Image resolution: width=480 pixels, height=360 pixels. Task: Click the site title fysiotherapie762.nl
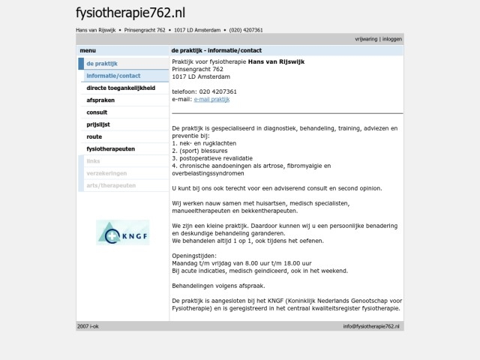coord(130,13)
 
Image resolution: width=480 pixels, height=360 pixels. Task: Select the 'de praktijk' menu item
coord(101,64)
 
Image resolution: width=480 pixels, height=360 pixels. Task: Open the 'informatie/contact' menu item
coord(113,76)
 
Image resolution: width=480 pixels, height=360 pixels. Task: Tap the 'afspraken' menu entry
coord(100,100)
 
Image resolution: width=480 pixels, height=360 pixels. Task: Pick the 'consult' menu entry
coord(97,112)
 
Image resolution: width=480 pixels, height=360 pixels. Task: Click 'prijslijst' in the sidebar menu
coord(99,124)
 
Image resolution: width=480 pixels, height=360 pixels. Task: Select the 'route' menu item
coord(94,136)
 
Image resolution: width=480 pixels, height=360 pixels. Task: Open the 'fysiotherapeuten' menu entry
coord(110,148)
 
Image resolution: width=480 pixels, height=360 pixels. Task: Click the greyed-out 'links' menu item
coord(93,160)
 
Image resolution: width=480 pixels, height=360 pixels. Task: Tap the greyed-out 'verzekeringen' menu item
coord(106,172)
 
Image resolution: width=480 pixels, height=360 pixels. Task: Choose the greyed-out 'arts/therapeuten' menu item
coord(111,184)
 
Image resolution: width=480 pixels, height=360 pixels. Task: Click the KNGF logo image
coord(123,232)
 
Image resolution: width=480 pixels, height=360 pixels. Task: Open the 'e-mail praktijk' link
coord(211,99)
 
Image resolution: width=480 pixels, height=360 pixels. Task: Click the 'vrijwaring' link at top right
coord(366,38)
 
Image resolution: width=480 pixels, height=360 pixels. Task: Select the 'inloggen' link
coord(391,38)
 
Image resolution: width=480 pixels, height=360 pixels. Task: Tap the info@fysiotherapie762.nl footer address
coord(371,326)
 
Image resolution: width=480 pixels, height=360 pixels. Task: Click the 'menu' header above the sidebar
coord(88,50)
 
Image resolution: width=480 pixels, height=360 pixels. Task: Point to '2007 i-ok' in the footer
coord(88,326)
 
